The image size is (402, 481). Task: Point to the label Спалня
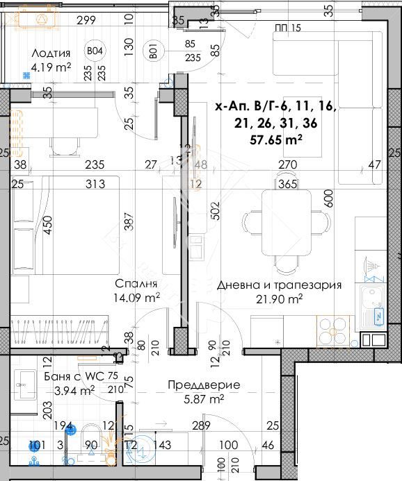[137, 284]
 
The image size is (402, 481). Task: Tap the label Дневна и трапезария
[279, 285]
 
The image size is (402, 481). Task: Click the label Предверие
[204, 385]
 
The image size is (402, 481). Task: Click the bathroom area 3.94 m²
[74, 390]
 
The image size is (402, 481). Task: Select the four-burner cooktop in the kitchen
[336, 330]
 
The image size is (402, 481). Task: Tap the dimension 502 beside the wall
[215, 210]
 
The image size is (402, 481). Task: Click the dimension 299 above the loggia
[86, 20]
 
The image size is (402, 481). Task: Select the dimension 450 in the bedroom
[48, 226]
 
